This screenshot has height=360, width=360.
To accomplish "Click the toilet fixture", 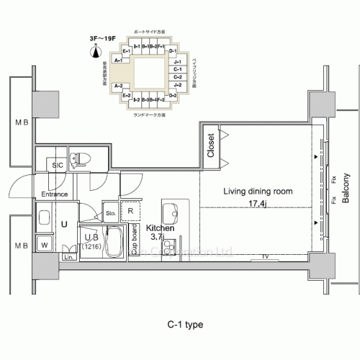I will coord(81,160).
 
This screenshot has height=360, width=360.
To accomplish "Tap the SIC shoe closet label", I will coord(58,166).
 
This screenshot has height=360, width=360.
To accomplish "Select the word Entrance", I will coord(54,194).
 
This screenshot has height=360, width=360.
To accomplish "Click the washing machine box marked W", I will coord(44,246).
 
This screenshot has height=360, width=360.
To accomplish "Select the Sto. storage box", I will coord(111,213).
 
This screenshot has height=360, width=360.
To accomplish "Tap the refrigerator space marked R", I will coord(131,212).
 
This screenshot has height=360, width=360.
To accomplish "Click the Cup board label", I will coord(134,240).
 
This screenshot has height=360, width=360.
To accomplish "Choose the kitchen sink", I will coord(171,214).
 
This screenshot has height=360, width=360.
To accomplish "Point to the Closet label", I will coord(211,145).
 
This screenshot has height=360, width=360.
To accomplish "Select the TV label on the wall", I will coord(266,256).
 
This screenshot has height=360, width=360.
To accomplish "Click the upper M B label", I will coord(22,123).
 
